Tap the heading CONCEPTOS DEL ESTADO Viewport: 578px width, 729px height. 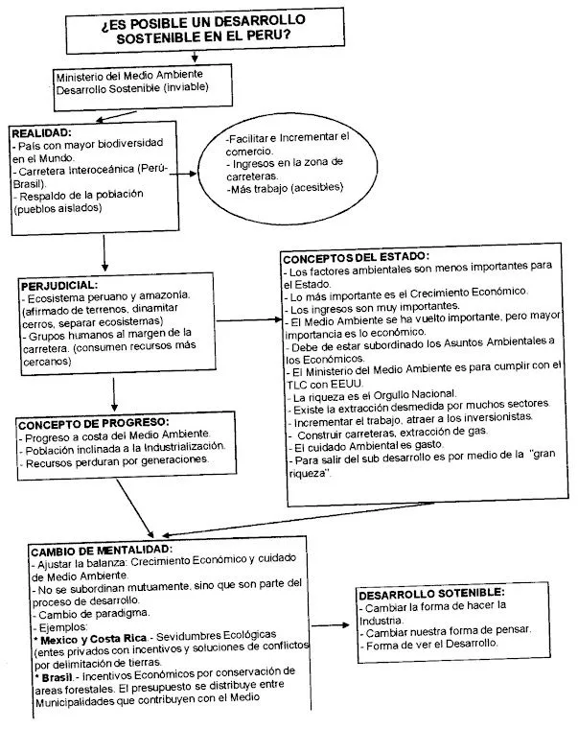coord(356,257)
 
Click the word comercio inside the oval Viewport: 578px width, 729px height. coord(252,151)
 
